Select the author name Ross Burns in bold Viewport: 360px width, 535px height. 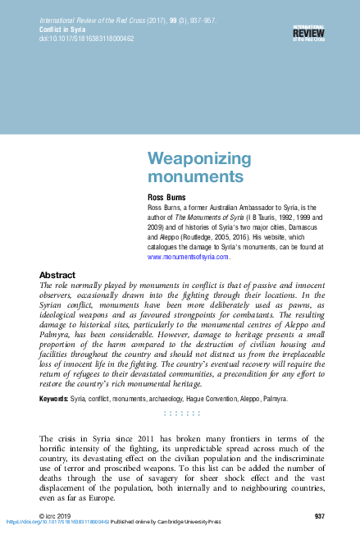coord(167,198)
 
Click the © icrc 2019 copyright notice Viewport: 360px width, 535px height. coord(55,514)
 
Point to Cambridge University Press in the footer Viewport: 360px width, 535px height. coord(196,522)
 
